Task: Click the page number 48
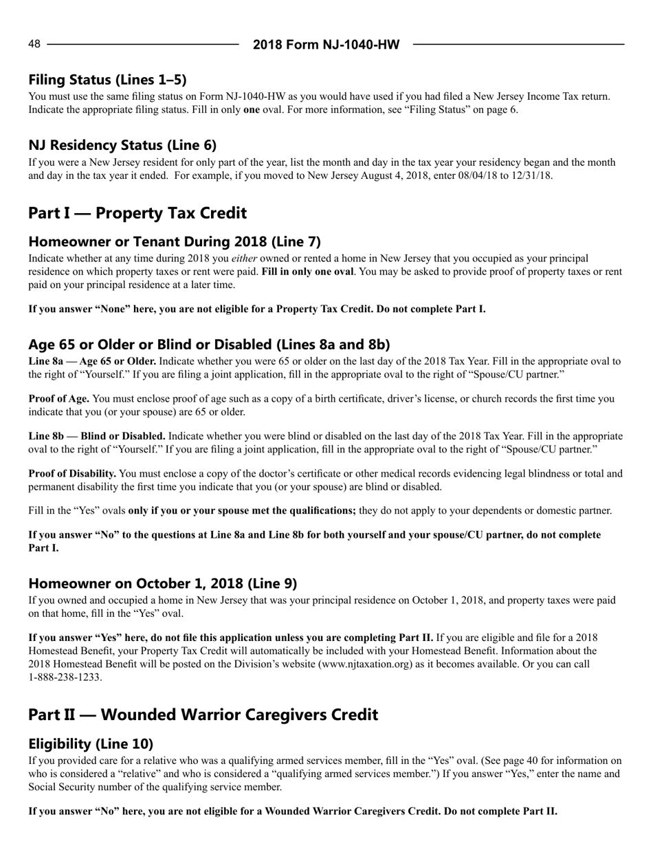[x=34, y=44]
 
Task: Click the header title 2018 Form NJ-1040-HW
[x=326, y=45]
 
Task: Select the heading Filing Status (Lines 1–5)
[x=107, y=80]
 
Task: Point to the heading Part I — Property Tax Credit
[x=137, y=213]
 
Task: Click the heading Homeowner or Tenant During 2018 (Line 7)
[x=175, y=241]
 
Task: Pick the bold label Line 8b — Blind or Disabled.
[x=96, y=436]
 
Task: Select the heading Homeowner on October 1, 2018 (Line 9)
[x=163, y=583]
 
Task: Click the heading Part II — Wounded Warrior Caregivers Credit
[x=203, y=715]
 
